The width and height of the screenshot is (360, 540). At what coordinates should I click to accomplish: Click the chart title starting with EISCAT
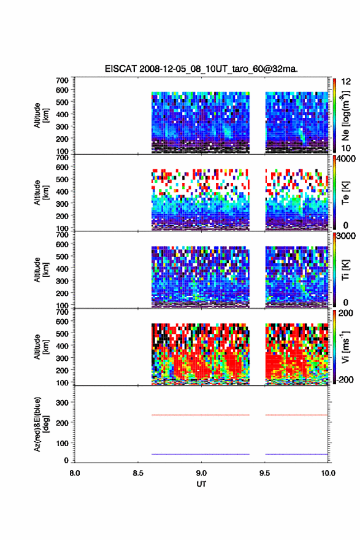(x=201, y=69)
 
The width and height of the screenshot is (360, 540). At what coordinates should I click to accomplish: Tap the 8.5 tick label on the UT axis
(x=138, y=473)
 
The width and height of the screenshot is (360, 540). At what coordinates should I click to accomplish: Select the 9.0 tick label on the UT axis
(x=201, y=473)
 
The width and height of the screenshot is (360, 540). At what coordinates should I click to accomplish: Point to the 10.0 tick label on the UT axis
(x=328, y=473)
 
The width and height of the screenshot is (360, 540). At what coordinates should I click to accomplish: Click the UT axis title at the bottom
(x=201, y=484)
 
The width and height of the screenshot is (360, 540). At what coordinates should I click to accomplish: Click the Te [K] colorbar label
(x=345, y=193)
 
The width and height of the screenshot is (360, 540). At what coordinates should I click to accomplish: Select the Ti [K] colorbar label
(x=345, y=270)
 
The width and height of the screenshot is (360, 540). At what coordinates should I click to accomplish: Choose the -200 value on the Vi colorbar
(x=345, y=379)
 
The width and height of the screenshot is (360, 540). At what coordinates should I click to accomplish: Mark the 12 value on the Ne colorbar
(x=346, y=82)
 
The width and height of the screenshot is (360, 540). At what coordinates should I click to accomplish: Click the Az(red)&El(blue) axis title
(x=40, y=424)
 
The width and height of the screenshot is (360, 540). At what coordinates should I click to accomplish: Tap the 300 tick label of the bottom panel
(x=63, y=403)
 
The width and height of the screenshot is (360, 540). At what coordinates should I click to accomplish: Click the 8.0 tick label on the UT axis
(x=75, y=473)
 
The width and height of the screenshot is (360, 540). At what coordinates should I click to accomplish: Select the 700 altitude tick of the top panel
(x=63, y=80)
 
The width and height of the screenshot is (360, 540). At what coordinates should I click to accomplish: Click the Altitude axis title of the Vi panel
(x=40, y=347)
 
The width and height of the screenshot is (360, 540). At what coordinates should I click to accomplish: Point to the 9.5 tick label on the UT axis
(x=265, y=473)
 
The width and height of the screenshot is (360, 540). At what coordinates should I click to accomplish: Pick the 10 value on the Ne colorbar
(x=346, y=148)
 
